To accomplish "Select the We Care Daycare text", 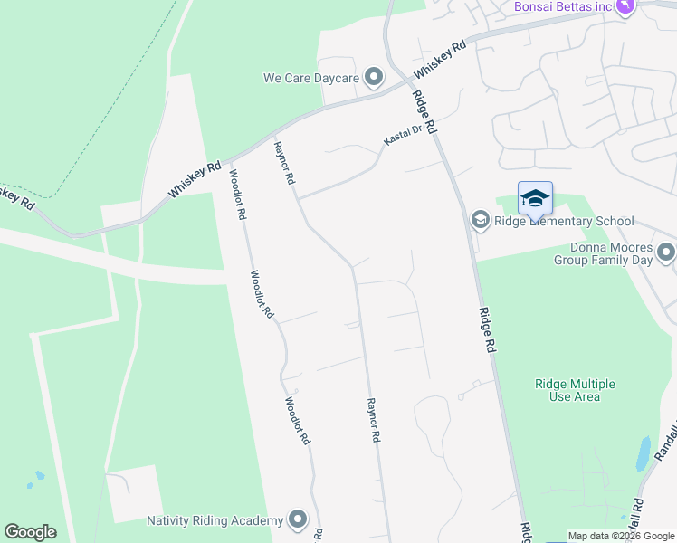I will (x=311, y=79).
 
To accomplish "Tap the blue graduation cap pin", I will (x=535, y=198).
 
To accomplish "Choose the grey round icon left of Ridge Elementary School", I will (x=480, y=220).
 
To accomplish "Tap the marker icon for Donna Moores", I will (x=667, y=252).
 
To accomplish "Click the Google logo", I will (x=30, y=532).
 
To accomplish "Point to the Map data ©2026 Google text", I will (x=621, y=536).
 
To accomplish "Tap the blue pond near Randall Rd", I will (x=643, y=453).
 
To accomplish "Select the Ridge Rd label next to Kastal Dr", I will (x=424, y=114).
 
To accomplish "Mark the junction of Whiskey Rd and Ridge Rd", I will (x=398, y=80).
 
